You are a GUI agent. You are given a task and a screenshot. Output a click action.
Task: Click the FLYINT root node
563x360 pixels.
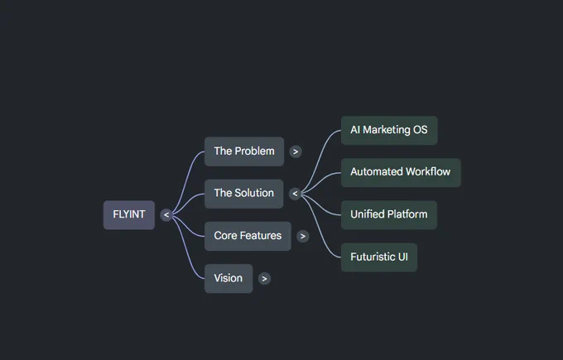(129, 214)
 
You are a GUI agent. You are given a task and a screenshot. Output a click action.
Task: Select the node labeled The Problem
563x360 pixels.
(244, 151)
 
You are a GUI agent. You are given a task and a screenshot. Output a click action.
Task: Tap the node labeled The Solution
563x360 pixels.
(243, 194)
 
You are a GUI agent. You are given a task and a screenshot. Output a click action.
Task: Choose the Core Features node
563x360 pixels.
(248, 236)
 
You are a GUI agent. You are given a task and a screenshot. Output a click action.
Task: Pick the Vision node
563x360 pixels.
(229, 278)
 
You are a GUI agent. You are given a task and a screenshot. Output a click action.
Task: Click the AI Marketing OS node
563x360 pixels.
(389, 130)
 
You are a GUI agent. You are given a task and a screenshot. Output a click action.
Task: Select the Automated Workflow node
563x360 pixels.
(401, 172)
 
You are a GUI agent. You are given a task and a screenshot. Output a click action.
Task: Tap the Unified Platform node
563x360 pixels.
(389, 214)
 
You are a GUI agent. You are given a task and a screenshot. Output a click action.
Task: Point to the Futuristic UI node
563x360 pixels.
(379, 257)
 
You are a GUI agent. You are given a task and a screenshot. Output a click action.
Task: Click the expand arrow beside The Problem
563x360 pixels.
(296, 151)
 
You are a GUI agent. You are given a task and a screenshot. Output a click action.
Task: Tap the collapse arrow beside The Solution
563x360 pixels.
(295, 194)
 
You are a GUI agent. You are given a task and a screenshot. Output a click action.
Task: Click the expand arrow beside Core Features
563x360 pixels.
(303, 236)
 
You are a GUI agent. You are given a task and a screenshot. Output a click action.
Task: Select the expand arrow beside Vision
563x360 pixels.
(264, 279)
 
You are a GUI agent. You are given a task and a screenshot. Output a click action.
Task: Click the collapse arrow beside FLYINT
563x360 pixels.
(166, 215)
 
